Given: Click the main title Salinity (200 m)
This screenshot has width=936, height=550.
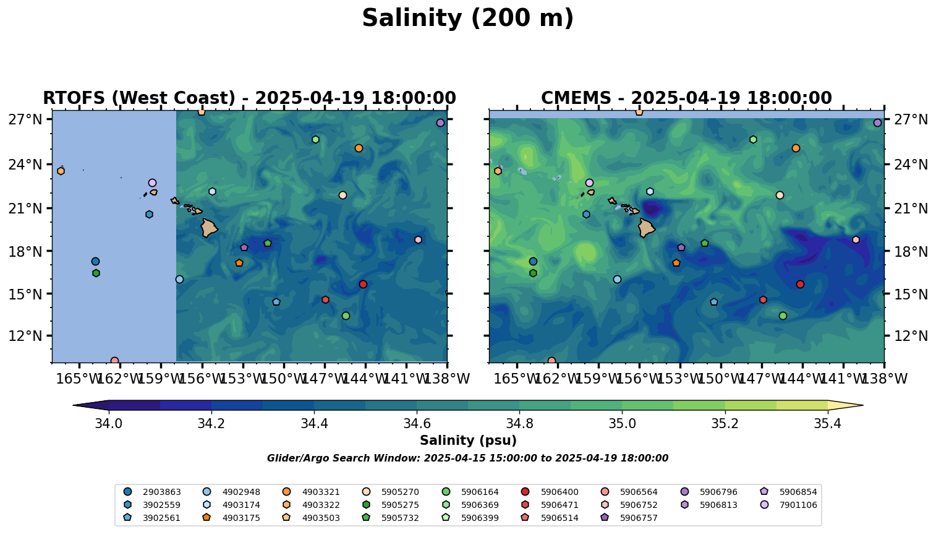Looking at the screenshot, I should pyautogui.click(x=467, y=19).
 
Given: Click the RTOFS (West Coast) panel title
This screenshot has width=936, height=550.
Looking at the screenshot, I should pyautogui.click(x=249, y=98).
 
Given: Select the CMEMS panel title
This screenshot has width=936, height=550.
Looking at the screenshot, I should pyautogui.click(x=686, y=98).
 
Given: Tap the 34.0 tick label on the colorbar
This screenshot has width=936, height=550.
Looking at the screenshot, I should pyautogui.click(x=109, y=424).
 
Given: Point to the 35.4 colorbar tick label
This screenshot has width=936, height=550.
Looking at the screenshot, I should pyautogui.click(x=827, y=424).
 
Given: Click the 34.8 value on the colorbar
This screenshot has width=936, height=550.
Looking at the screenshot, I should pyautogui.click(x=519, y=424).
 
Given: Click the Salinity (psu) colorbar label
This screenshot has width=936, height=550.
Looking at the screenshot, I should pyautogui.click(x=468, y=440).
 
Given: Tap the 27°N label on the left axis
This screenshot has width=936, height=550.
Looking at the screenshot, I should pyautogui.click(x=25, y=119).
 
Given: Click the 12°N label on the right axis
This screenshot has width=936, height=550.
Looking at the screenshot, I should pyautogui.click(x=912, y=337).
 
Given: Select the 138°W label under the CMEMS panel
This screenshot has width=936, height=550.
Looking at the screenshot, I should pyautogui.click(x=884, y=379).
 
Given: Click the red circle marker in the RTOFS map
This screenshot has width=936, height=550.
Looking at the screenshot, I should pyautogui.click(x=363, y=284).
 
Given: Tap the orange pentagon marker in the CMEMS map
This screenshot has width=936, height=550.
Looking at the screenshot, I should pyautogui.click(x=676, y=263).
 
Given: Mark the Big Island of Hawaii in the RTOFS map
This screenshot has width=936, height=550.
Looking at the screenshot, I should pyautogui.click(x=208, y=228).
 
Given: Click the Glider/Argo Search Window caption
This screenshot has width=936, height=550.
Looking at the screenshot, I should pyautogui.click(x=467, y=458).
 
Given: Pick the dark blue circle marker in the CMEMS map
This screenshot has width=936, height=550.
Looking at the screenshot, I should pyautogui.click(x=533, y=262).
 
